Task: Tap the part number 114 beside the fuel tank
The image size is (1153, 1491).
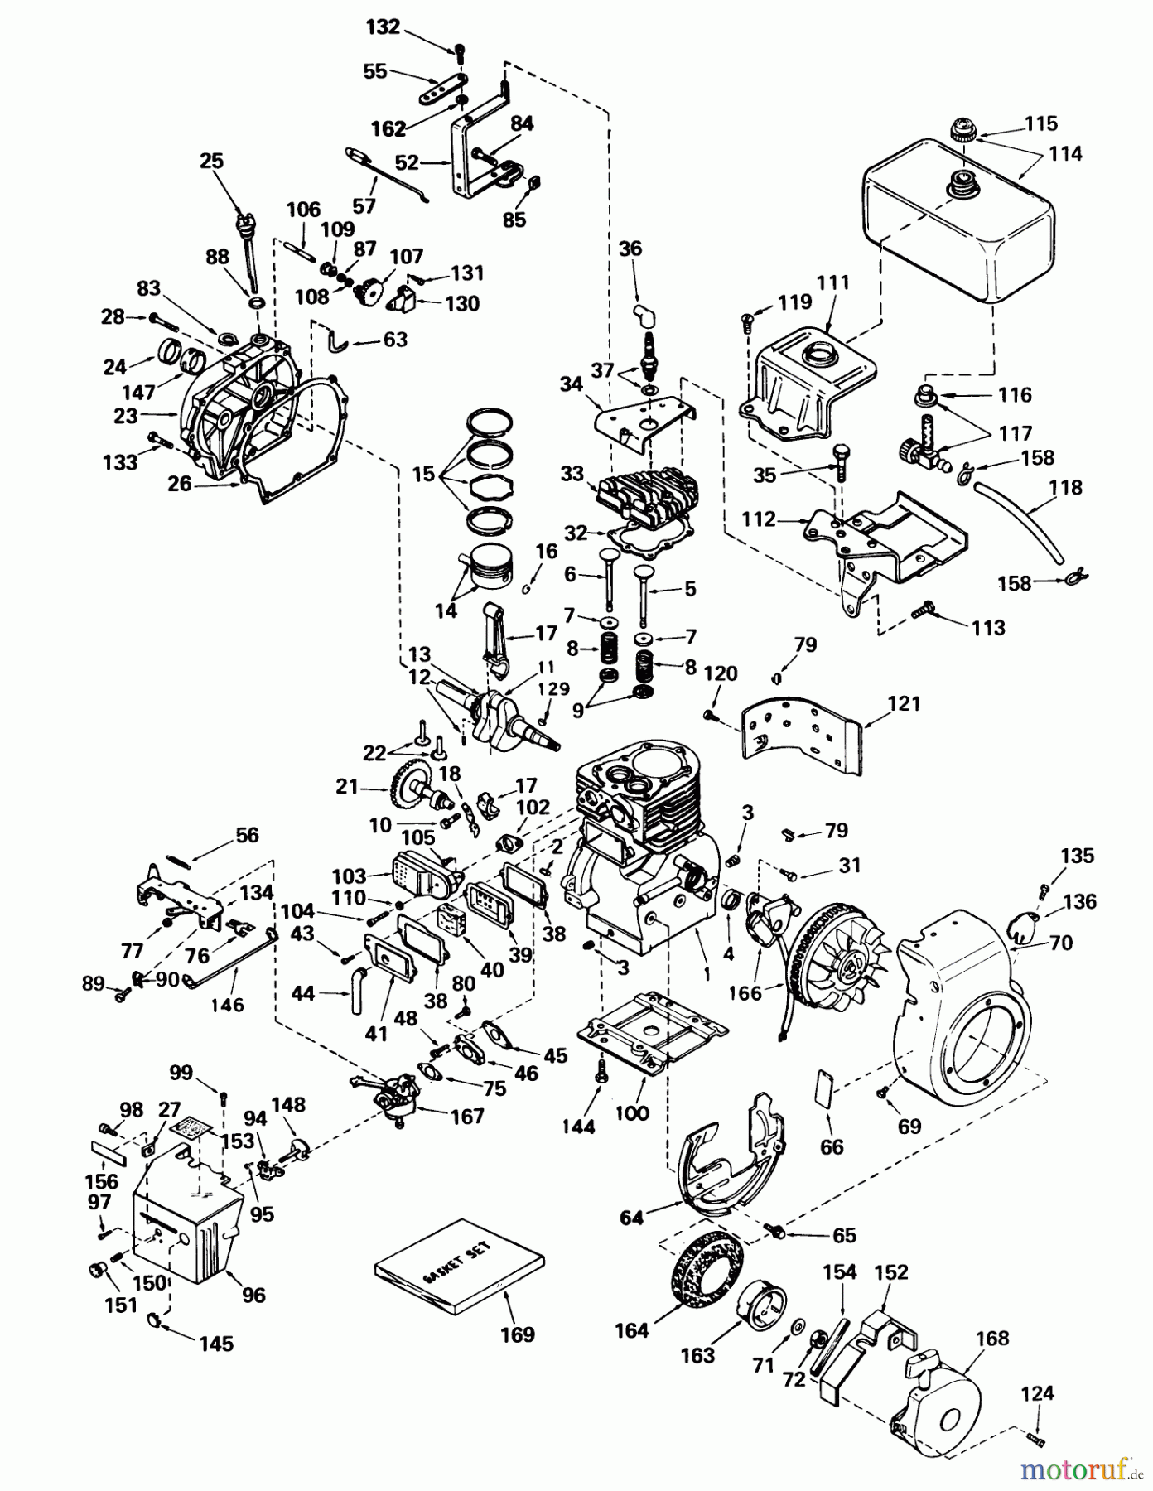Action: click(1064, 154)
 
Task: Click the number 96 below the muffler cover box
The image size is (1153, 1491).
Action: click(253, 1294)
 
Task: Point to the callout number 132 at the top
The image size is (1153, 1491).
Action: click(382, 27)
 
